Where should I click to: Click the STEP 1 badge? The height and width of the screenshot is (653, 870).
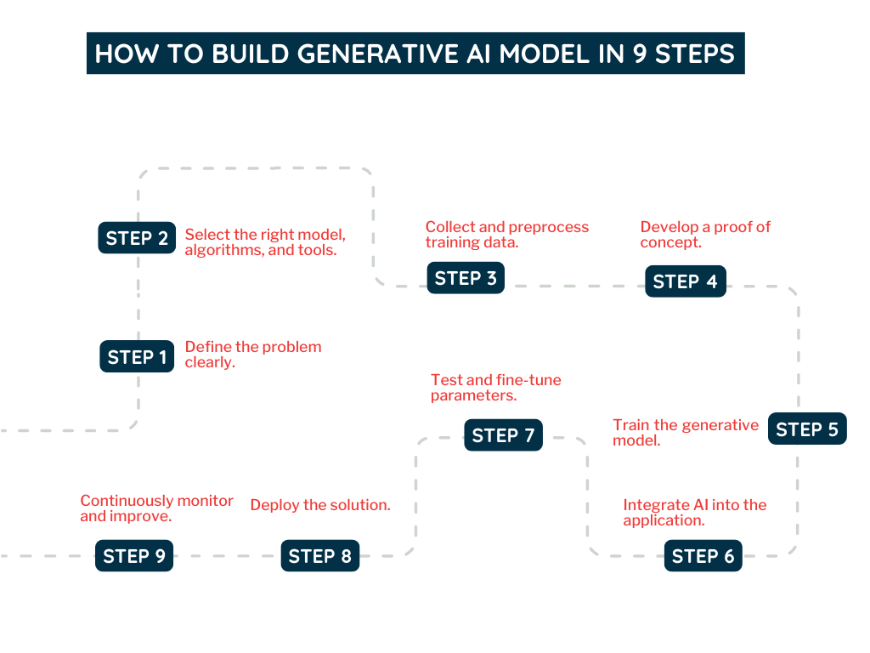(x=137, y=357)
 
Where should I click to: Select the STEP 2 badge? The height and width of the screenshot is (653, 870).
(x=137, y=238)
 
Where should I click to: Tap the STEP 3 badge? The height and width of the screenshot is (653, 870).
(x=466, y=278)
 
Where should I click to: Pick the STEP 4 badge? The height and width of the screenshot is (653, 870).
(x=686, y=281)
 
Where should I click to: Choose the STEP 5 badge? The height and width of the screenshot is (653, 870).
(x=807, y=429)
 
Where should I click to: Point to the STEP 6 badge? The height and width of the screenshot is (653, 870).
(x=703, y=556)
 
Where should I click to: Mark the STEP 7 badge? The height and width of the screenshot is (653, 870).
(x=503, y=435)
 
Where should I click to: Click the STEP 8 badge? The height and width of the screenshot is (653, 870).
(x=319, y=556)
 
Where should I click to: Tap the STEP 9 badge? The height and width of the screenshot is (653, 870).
(x=134, y=556)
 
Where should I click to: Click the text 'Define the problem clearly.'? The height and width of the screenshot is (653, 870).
(x=252, y=355)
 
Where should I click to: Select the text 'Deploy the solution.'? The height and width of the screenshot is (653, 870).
(x=320, y=505)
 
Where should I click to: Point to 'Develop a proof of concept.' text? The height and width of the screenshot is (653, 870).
(x=704, y=235)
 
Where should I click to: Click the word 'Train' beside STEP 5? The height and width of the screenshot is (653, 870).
(x=630, y=425)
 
